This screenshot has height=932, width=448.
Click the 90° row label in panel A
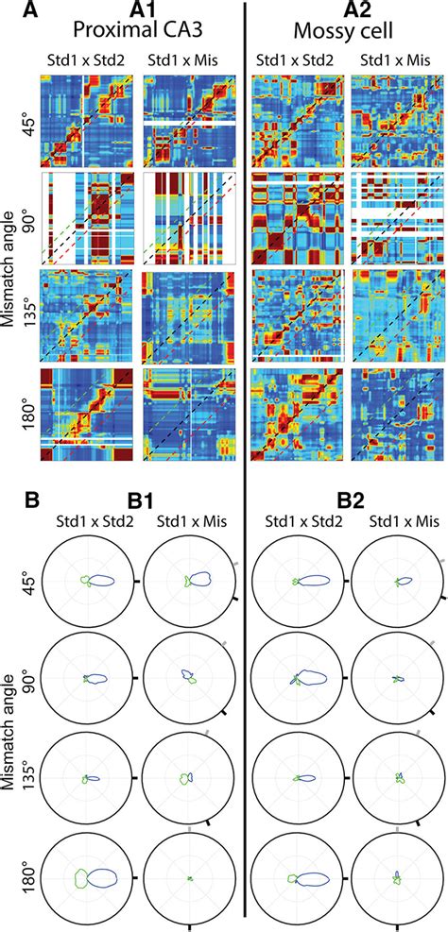(x=25, y=219)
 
